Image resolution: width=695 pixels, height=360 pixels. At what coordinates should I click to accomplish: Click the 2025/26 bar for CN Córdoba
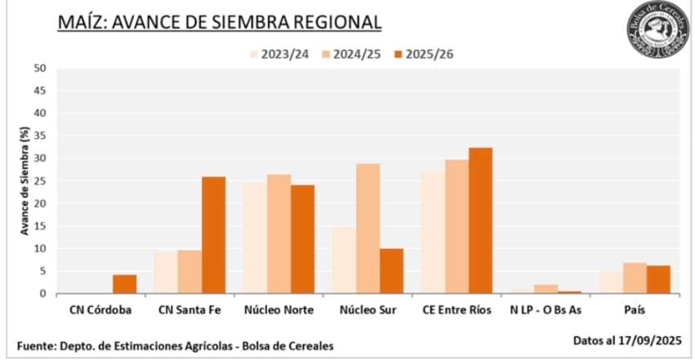(124, 284)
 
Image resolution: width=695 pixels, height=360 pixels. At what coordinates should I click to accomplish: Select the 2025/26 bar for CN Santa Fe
(213, 235)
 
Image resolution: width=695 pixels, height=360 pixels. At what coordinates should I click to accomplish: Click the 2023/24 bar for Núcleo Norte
(255, 238)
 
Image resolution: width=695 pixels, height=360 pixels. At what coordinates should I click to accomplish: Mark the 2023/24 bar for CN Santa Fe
(166, 273)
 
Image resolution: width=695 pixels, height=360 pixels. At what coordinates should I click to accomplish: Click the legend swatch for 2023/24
(254, 55)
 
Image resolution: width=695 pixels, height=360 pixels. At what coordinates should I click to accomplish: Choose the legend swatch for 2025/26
(399, 55)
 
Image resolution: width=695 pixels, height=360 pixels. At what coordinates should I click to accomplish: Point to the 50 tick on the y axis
(40, 69)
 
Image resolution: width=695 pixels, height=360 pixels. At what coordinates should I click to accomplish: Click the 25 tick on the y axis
(40, 181)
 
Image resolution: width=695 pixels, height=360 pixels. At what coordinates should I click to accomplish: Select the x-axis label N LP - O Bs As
(545, 311)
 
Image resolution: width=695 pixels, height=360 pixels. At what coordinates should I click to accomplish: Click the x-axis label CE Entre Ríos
(456, 311)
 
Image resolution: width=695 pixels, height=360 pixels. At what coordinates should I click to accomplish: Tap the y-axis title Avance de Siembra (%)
(25, 181)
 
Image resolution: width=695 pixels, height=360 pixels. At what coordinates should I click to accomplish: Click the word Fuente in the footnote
(35, 346)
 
